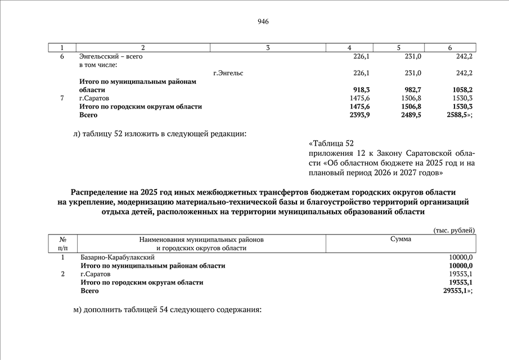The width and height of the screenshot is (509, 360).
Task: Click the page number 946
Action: click(x=263, y=22)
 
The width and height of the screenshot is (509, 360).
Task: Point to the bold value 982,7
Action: click(x=409, y=89)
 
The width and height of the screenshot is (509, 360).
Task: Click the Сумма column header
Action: click(x=401, y=239)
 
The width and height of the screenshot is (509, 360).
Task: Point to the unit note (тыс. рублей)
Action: click(x=454, y=230)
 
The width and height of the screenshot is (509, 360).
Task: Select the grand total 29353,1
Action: click(x=456, y=291)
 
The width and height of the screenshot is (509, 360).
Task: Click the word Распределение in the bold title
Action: click(x=102, y=192)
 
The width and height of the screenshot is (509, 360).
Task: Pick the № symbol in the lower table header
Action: click(x=62, y=240)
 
